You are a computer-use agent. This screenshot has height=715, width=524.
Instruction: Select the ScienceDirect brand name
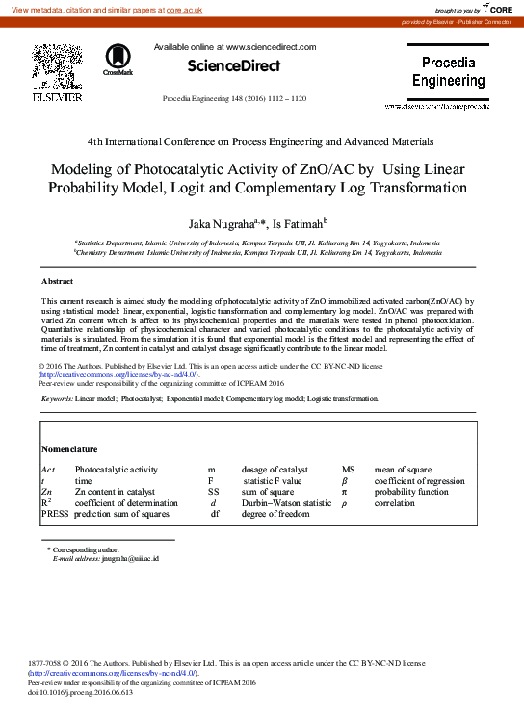pyautogui.click(x=233, y=66)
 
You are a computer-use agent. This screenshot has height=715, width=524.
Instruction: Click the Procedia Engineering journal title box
pyautogui.click(x=449, y=72)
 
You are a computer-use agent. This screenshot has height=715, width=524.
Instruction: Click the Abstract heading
pyautogui.click(x=57, y=281)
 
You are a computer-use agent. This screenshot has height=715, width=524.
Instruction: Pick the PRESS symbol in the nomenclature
pyautogui.click(x=55, y=514)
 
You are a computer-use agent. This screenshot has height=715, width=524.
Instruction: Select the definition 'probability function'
pyautogui.click(x=411, y=491)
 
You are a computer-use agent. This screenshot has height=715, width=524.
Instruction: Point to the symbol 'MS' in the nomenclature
pyautogui.click(x=349, y=469)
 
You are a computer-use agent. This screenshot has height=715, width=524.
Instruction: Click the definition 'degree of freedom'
pyautogui.click(x=275, y=514)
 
